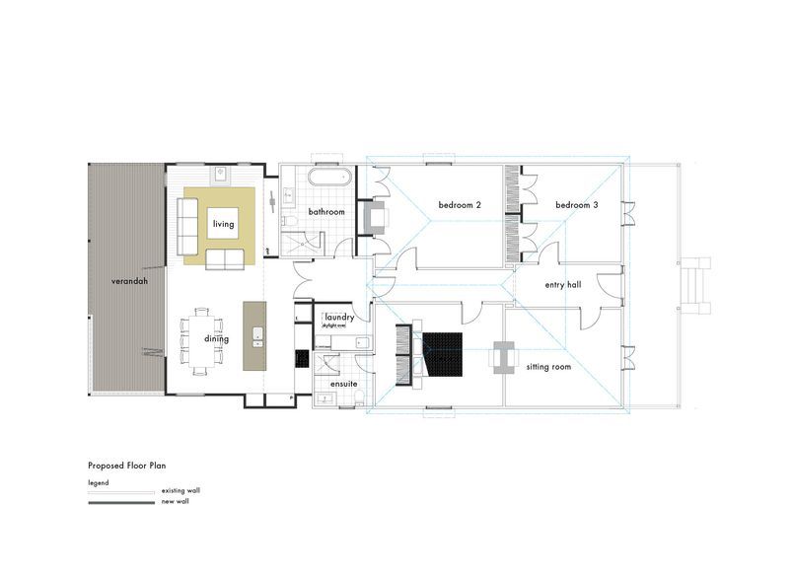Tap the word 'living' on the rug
(x=222, y=224)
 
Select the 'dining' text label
(x=217, y=339)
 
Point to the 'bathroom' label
(x=325, y=212)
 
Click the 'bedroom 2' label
(x=460, y=205)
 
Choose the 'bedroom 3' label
(x=577, y=205)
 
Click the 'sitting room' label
(x=550, y=366)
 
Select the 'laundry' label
(x=338, y=318)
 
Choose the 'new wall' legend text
(x=175, y=501)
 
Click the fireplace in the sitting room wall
(x=503, y=357)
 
